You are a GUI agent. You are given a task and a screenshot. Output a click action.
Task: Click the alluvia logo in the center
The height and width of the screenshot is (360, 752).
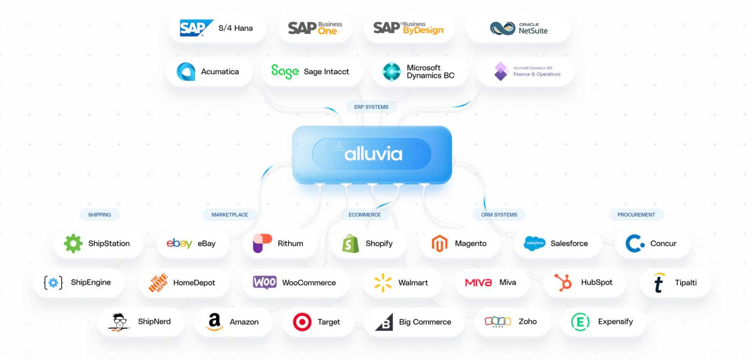click(x=373, y=153)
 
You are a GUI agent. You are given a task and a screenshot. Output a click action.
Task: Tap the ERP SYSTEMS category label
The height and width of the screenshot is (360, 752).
click(x=371, y=107)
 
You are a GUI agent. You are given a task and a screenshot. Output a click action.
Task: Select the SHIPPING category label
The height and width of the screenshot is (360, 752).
click(x=100, y=215)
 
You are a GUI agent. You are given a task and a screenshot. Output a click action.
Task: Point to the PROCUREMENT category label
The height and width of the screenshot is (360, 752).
click(x=636, y=215)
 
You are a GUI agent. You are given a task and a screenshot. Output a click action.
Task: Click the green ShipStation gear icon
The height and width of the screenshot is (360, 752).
click(x=73, y=244)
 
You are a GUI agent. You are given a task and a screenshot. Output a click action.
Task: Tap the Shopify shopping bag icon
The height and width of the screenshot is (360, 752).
click(x=350, y=244)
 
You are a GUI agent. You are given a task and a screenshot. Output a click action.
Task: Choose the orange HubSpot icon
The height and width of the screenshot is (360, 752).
click(x=563, y=282)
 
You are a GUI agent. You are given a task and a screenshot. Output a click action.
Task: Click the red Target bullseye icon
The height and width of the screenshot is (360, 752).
click(x=302, y=322)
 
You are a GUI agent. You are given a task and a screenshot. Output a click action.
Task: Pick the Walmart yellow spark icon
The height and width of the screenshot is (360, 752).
click(x=383, y=282)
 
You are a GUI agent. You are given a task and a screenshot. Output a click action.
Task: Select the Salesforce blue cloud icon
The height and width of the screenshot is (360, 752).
click(x=535, y=243)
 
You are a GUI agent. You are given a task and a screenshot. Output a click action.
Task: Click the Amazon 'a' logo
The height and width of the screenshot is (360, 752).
click(x=215, y=321)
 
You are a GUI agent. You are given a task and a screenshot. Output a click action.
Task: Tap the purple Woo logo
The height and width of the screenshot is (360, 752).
click(x=265, y=282)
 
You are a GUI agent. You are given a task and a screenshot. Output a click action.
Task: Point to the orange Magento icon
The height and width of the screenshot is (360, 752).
click(x=440, y=244)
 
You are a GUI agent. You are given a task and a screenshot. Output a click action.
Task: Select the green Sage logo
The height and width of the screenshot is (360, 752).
click(x=285, y=71)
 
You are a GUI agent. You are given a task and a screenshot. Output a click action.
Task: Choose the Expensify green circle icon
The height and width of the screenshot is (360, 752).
click(x=580, y=322)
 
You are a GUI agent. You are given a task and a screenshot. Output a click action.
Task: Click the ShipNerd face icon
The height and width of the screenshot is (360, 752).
click(x=119, y=322)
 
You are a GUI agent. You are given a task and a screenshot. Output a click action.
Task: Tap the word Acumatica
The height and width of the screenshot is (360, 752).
click(x=220, y=72)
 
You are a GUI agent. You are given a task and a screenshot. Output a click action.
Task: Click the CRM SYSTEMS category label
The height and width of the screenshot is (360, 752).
click(x=499, y=215)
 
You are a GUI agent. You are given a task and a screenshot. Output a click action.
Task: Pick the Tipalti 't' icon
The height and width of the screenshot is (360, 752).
click(x=659, y=283)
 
